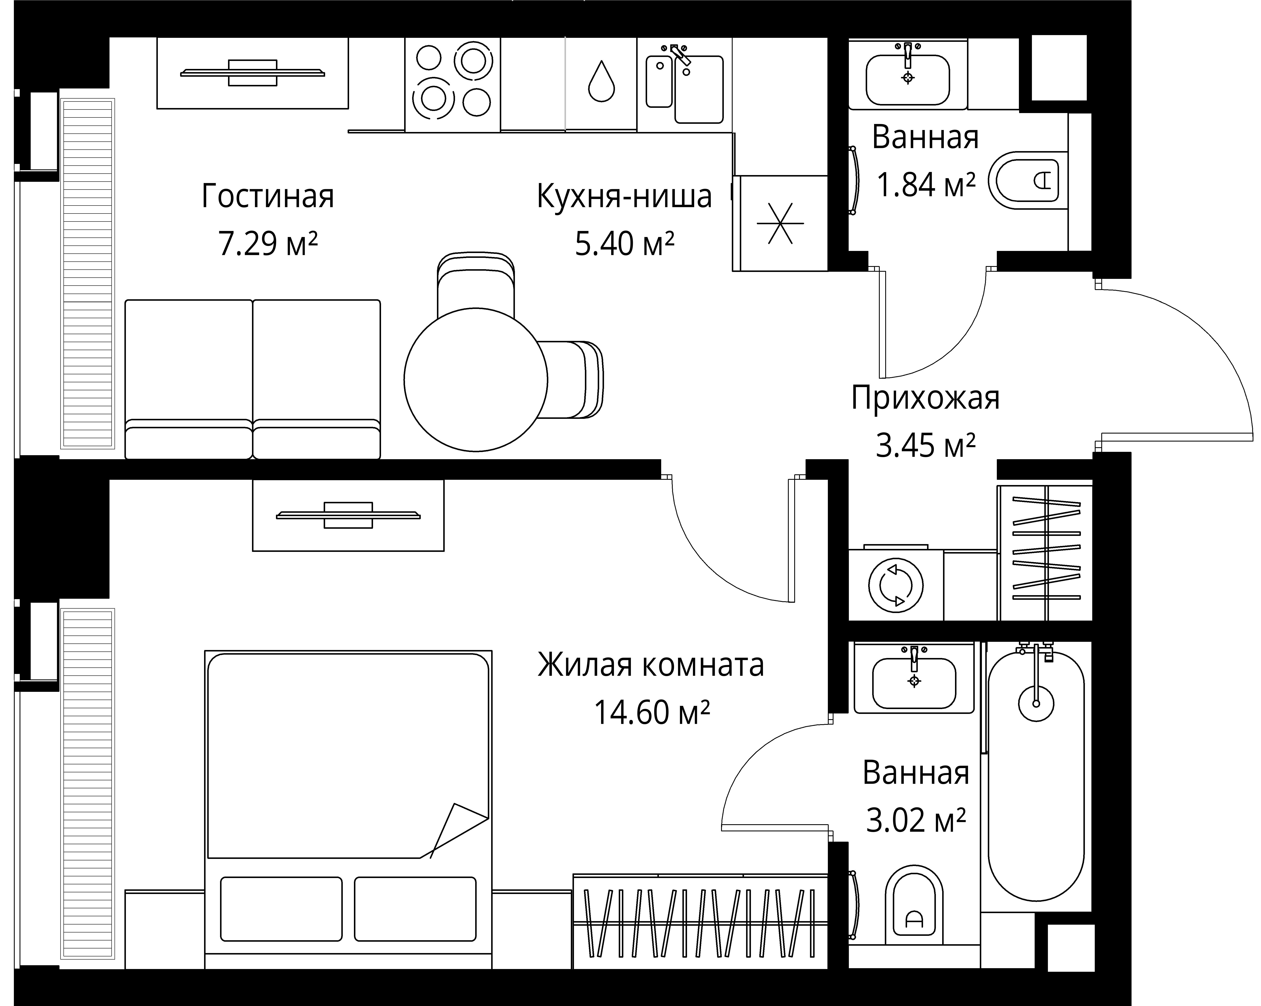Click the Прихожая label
pyautogui.click(x=925, y=398)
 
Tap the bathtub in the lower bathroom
pyautogui.click(x=1036, y=778)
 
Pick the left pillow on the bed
pyautogui.click(x=281, y=908)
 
